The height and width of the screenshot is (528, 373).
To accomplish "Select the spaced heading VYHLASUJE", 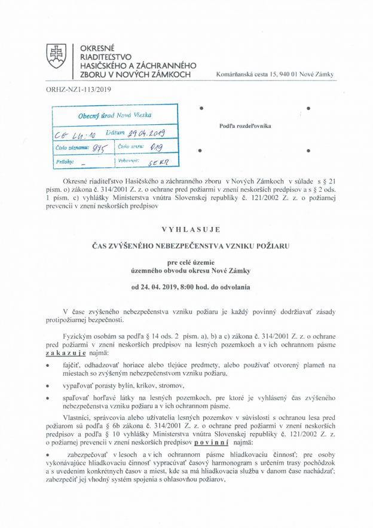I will [191, 229].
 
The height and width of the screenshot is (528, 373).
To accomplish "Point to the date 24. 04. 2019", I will [164, 287].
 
